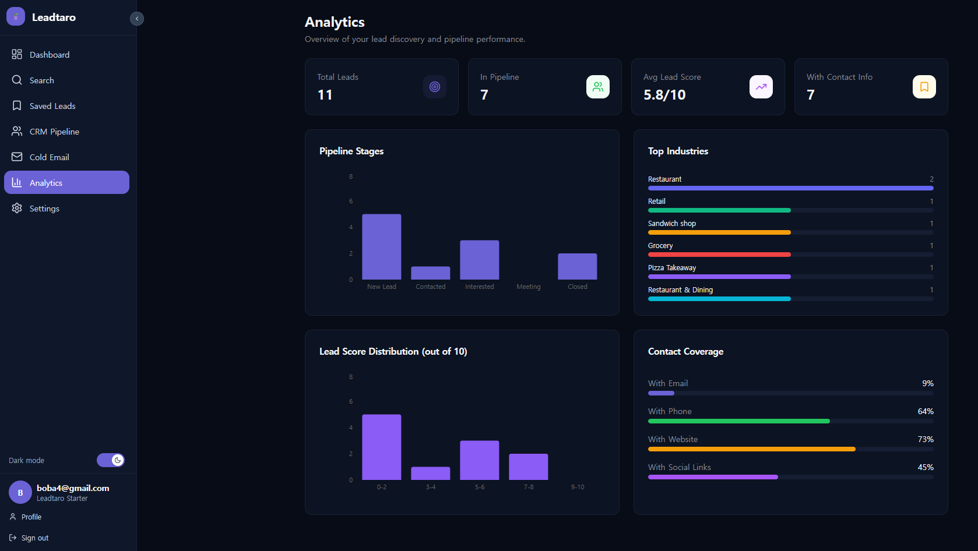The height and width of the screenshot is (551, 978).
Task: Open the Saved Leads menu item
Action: click(x=52, y=106)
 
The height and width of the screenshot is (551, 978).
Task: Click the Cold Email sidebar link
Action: click(x=49, y=157)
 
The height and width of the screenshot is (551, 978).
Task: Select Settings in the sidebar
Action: click(x=44, y=209)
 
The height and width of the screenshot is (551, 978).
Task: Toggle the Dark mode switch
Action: click(x=111, y=460)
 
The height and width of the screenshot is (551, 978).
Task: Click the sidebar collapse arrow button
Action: click(x=137, y=19)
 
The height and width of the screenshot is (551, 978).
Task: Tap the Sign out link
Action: click(x=34, y=538)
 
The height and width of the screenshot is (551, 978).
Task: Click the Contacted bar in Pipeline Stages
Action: click(x=431, y=273)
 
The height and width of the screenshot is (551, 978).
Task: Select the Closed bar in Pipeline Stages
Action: click(x=577, y=266)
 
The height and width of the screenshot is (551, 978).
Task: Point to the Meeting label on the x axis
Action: click(x=529, y=287)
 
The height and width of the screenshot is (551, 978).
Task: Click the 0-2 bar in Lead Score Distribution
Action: click(x=382, y=447)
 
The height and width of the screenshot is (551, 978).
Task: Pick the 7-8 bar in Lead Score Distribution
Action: click(x=529, y=467)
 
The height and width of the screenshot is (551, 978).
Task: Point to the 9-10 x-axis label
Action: click(x=578, y=487)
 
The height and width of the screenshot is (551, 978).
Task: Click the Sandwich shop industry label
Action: click(x=672, y=224)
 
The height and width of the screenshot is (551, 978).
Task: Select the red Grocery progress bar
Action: click(x=719, y=255)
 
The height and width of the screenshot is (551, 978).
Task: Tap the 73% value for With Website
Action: click(x=926, y=439)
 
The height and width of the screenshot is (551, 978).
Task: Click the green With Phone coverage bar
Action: click(x=738, y=421)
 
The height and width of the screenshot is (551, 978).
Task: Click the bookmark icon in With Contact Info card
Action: click(x=924, y=87)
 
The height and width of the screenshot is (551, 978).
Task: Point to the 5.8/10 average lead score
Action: click(x=664, y=95)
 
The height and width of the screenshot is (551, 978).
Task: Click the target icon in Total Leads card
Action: click(x=435, y=87)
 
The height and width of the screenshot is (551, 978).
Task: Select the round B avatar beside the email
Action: click(x=20, y=493)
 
